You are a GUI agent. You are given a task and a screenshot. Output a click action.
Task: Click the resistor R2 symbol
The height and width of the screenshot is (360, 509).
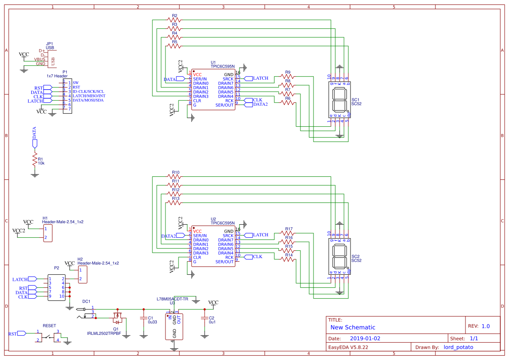click(174, 20)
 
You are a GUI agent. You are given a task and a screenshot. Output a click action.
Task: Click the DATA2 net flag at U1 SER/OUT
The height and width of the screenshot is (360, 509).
click(260, 104)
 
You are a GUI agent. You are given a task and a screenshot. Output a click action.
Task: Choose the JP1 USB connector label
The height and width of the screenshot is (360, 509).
click(50, 46)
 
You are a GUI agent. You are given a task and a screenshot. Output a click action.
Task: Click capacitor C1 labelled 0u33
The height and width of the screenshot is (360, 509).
click(143, 318)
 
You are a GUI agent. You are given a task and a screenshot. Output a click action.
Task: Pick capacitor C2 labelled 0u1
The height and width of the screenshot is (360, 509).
click(203, 318)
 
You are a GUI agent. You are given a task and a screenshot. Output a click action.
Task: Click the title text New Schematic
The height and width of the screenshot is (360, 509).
click(353, 327)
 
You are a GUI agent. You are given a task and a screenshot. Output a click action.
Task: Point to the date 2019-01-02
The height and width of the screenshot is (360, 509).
click(365, 338)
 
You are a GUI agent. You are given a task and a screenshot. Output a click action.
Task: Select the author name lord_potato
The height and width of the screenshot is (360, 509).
click(458, 347)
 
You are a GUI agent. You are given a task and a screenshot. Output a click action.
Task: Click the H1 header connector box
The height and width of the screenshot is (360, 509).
click(48, 233)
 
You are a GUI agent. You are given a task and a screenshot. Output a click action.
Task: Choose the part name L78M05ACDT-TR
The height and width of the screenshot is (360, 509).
click(172, 299)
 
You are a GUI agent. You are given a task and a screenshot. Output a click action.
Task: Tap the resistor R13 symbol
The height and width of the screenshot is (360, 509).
click(174, 203)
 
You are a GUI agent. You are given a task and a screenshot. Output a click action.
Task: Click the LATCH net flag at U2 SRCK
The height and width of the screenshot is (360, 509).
click(260, 235)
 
